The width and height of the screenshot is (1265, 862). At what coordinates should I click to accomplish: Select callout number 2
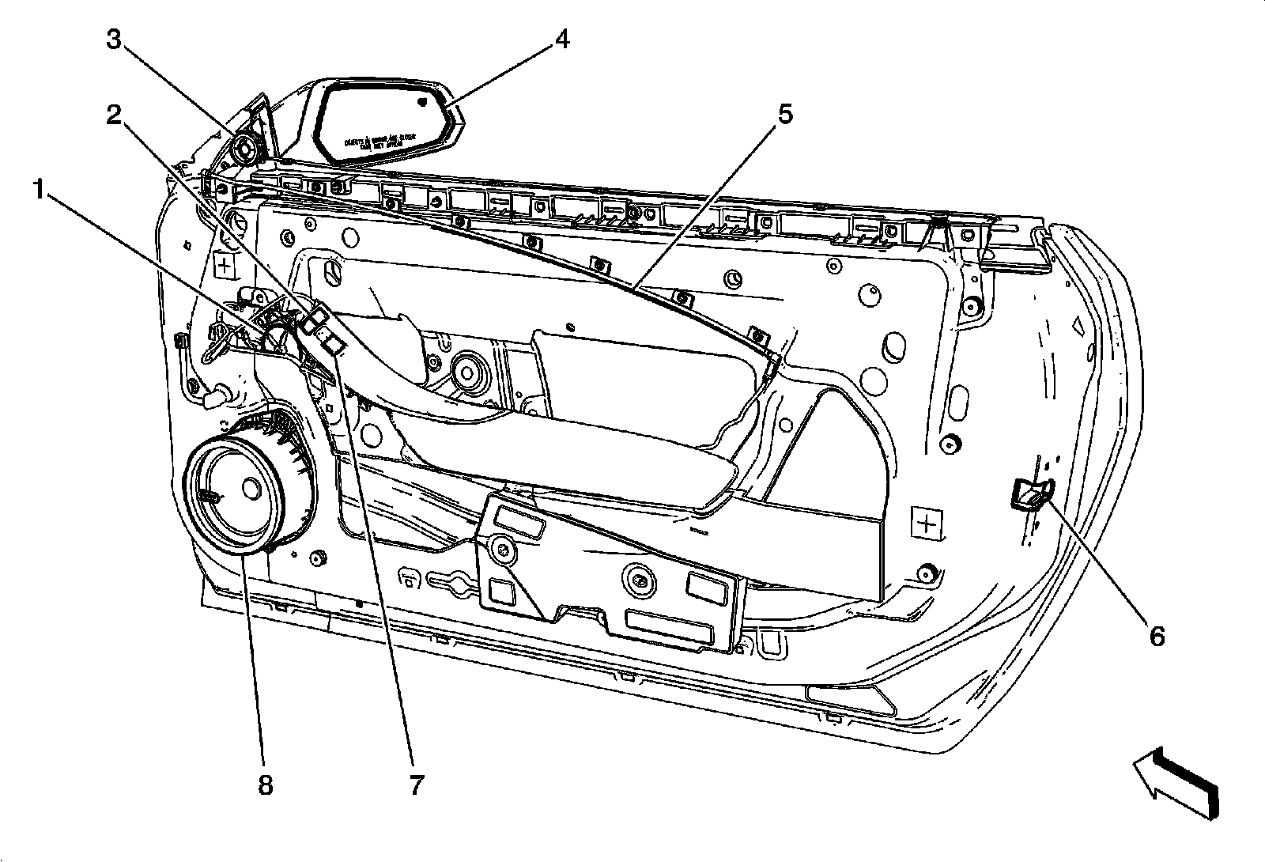pyautogui.click(x=115, y=116)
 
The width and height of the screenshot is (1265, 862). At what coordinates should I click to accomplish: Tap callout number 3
pyautogui.click(x=115, y=40)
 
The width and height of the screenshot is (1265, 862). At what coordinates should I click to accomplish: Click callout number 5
pyautogui.click(x=784, y=115)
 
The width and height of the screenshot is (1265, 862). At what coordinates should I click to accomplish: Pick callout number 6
pyautogui.click(x=1157, y=635)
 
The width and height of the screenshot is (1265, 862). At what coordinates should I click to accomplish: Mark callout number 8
pyautogui.click(x=265, y=784)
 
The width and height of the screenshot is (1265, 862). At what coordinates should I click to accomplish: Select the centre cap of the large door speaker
pyautogui.click(x=252, y=489)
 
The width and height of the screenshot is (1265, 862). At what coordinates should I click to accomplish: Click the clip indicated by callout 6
pyautogui.click(x=1029, y=496)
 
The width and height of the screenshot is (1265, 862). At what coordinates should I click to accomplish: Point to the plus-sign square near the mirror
pyautogui.click(x=225, y=265)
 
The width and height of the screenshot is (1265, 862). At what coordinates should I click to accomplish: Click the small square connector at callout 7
pyautogui.click(x=332, y=342)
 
